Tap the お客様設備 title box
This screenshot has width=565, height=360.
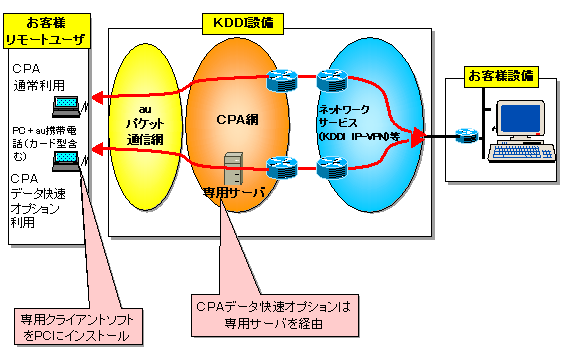coord(500,75)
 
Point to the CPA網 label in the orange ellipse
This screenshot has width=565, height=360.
coord(236,118)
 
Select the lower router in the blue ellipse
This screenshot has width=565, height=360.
coord(330,166)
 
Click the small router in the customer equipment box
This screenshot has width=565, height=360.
coord(465,135)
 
